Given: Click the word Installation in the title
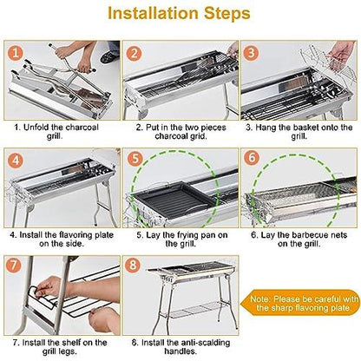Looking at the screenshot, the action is [x=154, y=13].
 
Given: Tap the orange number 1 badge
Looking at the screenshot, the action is [x=16, y=53].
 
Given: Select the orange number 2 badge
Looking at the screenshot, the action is [x=135, y=53].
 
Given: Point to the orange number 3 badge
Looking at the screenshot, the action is [x=252, y=53].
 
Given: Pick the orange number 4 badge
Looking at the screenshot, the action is [x=16, y=161].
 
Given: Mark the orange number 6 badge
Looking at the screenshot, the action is [x=252, y=158].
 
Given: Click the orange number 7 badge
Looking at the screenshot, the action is [x=14, y=265].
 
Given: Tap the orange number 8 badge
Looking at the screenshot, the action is [x=133, y=265].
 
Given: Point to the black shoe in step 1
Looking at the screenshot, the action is [x=109, y=56].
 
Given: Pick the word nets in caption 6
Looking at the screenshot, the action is [x=338, y=235].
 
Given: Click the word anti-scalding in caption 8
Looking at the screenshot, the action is [x=205, y=343].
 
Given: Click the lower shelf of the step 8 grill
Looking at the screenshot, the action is [x=192, y=310].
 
